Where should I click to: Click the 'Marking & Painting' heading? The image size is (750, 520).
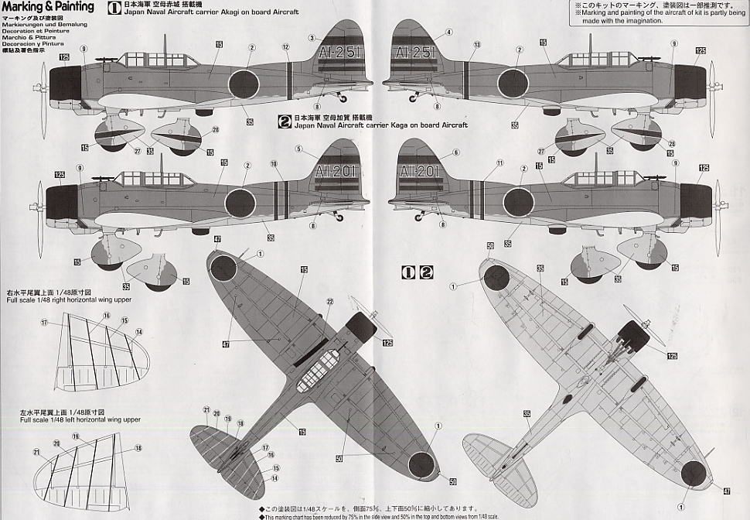tap(47, 7)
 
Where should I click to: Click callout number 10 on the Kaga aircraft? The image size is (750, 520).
tap(273, 164)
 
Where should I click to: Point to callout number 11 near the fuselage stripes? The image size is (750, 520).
tap(499, 162)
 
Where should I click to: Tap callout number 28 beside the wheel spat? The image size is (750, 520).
tap(216, 129)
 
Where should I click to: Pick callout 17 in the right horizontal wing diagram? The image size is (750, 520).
tap(44, 322)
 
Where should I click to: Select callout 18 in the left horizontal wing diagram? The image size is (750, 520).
tap(138, 448)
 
